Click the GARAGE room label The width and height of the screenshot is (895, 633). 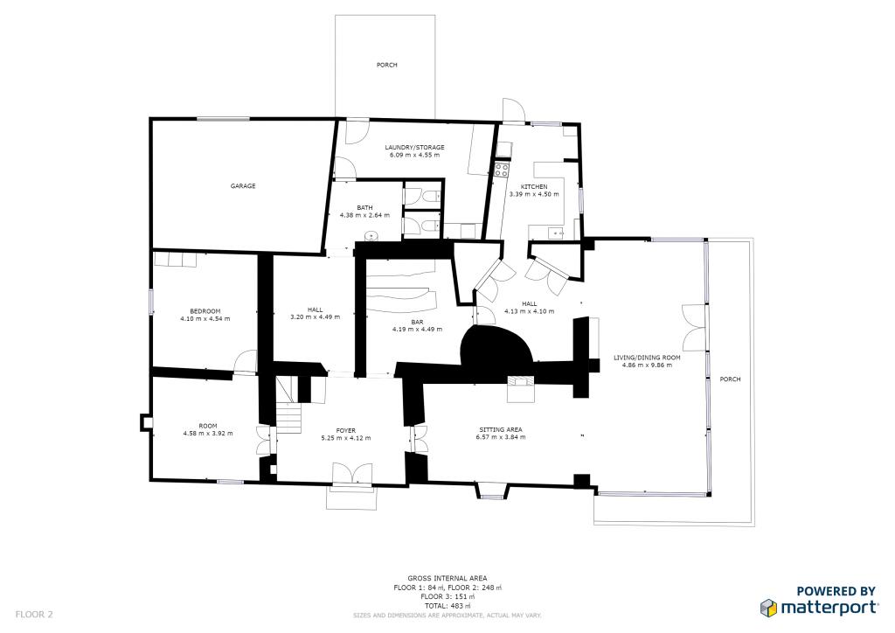point(243,185)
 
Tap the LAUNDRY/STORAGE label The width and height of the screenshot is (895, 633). point(414,147)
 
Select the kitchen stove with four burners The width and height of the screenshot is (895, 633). point(502,170)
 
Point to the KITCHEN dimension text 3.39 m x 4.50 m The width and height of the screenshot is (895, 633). point(534,194)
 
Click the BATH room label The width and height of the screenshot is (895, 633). point(364,207)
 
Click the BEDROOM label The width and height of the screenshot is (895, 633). point(205,311)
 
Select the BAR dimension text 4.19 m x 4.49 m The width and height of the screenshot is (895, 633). point(417,330)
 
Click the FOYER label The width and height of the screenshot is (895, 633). point(346,430)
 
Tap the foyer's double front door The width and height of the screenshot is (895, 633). point(352,475)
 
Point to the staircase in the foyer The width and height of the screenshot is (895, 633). point(288,406)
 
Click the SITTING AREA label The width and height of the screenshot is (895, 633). point(501,430)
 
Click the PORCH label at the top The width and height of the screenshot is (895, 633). point(386,65)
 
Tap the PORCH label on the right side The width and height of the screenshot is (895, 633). point(730,379)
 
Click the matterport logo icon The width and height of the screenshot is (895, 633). point(769,608)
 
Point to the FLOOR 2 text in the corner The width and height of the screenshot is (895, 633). point(34,615)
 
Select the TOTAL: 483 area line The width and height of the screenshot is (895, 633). point(447,606)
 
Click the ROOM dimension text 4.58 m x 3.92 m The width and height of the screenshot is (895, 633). point(208,434)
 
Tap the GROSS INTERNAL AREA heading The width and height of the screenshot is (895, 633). point(447,578)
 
